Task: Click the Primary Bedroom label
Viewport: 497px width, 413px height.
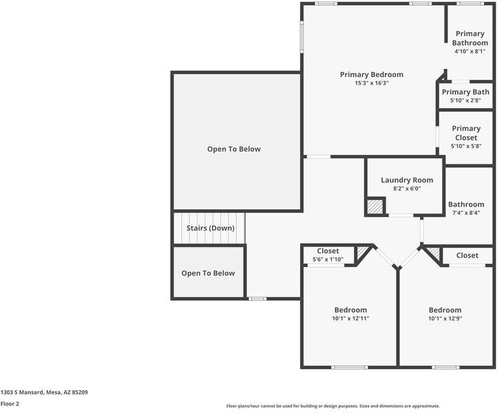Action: [x=372, y=75]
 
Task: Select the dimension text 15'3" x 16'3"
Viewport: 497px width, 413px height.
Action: [x=372, y=83]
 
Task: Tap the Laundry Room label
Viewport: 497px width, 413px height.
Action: [x=407, y=180]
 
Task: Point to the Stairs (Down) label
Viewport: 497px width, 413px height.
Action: [x=211, y=229]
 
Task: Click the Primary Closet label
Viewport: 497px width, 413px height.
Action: [x=466, y=133]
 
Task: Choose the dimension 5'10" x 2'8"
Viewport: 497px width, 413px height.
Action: [x=465, y=100]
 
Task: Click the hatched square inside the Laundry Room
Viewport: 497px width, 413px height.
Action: [x=375, y=206]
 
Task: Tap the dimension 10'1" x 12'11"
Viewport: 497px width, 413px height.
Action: [x=350, y=319]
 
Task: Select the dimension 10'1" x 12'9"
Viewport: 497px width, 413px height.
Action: [x=445, y=319]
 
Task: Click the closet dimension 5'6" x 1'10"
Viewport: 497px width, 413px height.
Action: [x=328, y=260]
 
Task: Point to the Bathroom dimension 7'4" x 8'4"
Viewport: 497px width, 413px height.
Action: [x=466, y=213]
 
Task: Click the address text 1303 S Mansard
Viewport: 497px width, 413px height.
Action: [x=22, y=392]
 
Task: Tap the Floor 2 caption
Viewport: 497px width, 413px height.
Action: [x=10, y=404]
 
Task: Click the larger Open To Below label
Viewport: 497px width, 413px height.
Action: [x=234, y=149]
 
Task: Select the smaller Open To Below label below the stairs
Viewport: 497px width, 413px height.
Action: [x=209, y=273]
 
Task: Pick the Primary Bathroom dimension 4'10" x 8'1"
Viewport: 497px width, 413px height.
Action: [x=470, y=52]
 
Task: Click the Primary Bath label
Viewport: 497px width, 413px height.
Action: [x=465, y=92]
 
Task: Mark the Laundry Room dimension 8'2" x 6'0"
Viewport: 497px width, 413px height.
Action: [x=407, y=189]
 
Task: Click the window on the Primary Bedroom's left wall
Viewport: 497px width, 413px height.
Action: [x=302, y=36]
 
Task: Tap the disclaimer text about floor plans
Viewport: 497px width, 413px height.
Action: [x=332, y=406]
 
